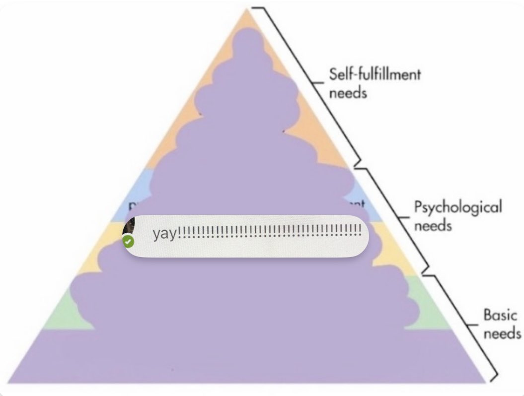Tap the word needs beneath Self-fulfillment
coord(348,93)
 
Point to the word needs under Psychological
coord(433,226)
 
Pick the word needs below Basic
coord(502,333)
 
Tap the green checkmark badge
coord(129,242)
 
